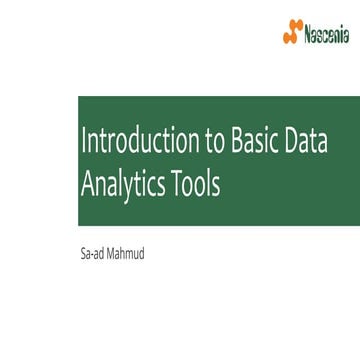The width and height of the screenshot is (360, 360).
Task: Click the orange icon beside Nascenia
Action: [x=292, y=35]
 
